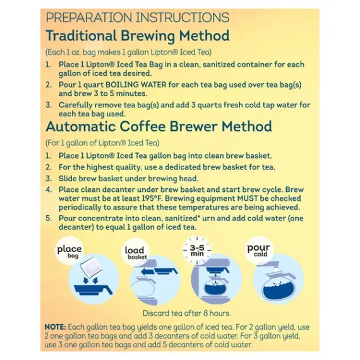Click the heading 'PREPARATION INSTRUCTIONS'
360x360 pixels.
pyautogui.click(x=138, y=18)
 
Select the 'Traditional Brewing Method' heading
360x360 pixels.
pyautogui.click(x=138, y=36)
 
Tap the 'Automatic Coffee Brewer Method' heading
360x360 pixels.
pyautogui.click(x=159, y=126)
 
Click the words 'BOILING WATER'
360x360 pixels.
pyautogui.click(x=136, y=85)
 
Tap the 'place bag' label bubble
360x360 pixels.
pyautogui.click(x=69, y=251)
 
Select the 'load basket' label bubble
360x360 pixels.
pyautogui.click(x=135, y=253)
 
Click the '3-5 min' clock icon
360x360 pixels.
pyautogui.click(x=197, y=250)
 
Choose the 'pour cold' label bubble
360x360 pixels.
pyautogui.click(x=259, y=250)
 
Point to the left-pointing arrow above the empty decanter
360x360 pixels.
pyautogui.click(x=148, y=272)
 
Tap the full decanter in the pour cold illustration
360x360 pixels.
pyautogui.click(x=279, y=287)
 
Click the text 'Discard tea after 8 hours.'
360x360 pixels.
pyautogui.click(x=187, y=313)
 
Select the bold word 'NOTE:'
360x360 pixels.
pyautogui.click(x=56, y=327)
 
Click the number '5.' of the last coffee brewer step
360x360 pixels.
pyautogui.click(x=49, y=219)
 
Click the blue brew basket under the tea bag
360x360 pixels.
pyautogui.click(x=93, y=289)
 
